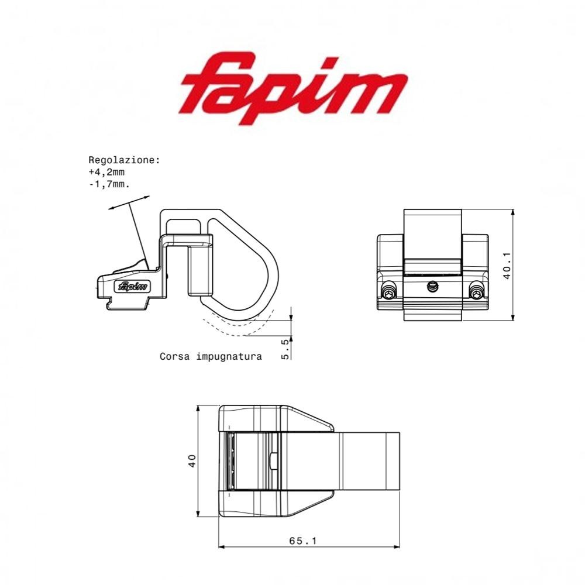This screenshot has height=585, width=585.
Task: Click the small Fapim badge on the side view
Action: [x=133, y=287]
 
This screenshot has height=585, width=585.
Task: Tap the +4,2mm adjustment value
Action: [x=106, y=172]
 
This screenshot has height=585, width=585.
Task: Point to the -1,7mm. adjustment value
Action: [x=109, y=184]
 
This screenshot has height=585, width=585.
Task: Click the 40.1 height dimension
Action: [x=507, y=265]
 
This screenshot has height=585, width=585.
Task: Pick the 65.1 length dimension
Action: [x=302, y=541]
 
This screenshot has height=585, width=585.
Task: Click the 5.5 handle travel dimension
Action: [x=285, y=349]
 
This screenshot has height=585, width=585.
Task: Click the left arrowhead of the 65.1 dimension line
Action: [x=222, y=547]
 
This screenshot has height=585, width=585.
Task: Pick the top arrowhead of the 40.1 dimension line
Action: [x=513, y=212]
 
